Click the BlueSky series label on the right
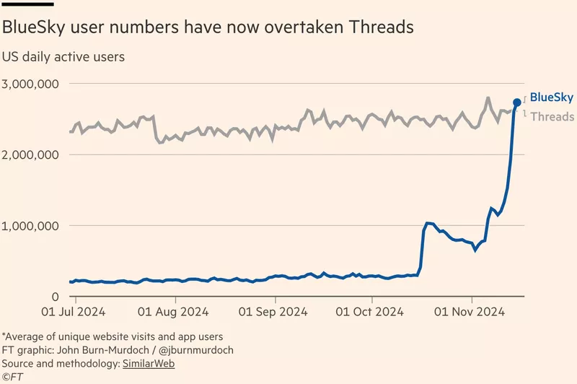coord(552,97)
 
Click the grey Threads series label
coord(553,116)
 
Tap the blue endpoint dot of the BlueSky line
coord(517,102)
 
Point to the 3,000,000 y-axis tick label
coord(30,84)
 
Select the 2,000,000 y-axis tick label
coord(30,154)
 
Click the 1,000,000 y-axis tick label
coord(30,225)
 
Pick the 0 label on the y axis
coord(55,296)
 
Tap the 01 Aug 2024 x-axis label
coord(174,313)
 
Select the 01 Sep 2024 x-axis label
coord(273,313)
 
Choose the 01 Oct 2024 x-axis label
coord(371,313)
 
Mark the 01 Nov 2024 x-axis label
coord(471,313)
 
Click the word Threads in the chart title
coord(381,28)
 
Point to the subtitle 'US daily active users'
coord(63,56)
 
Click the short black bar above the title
coord(27,3)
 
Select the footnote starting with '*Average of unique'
coord(112,336)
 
